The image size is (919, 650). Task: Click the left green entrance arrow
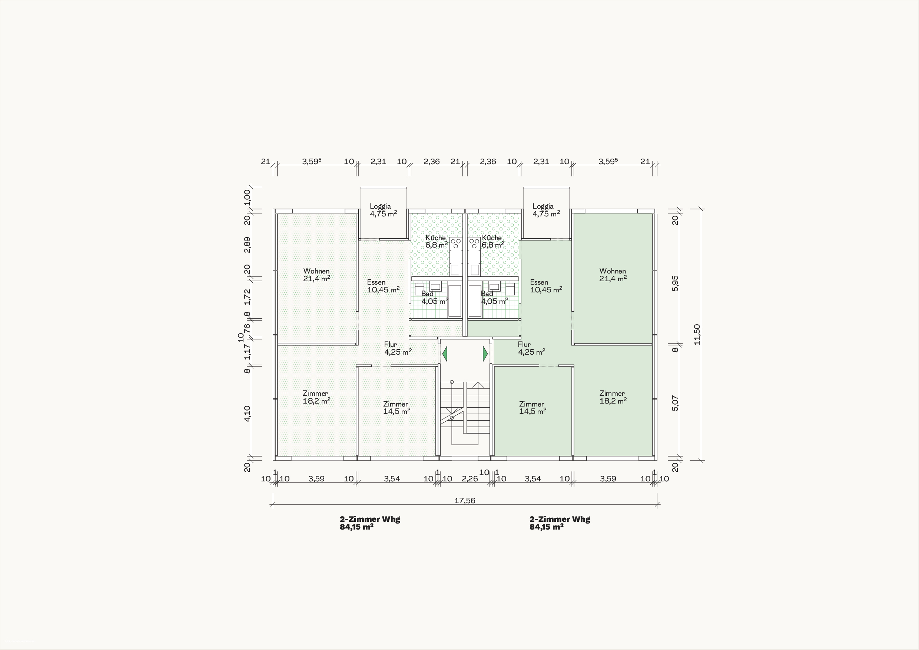tap(445, 354)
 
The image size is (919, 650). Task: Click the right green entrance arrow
tap(485, 354)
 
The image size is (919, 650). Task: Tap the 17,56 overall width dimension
tap(465, 501)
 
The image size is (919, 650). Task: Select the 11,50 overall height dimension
tap(697, 334)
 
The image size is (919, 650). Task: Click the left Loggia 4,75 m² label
tap(383, 210)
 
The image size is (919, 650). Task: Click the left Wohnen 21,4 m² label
tap(316, 275)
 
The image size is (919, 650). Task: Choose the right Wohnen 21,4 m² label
tap(613, 275)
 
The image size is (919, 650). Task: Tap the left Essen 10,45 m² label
tap(383, 286)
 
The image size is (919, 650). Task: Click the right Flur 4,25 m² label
tap(531, 348)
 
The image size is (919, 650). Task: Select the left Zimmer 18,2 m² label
tap(316, 397)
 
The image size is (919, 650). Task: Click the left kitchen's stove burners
tap(455, 243)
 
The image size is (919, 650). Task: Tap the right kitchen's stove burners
tap(474, 243)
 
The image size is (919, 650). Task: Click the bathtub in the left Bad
tap(455, 301)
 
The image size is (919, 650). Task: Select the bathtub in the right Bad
tap(475, 301)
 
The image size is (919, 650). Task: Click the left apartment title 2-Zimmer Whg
tap(370, 519)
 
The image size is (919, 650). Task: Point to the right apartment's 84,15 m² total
tap(546, 527)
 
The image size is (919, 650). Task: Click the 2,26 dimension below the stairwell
tap(470, 479)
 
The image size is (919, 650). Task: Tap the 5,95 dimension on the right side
tap(675, 283)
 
